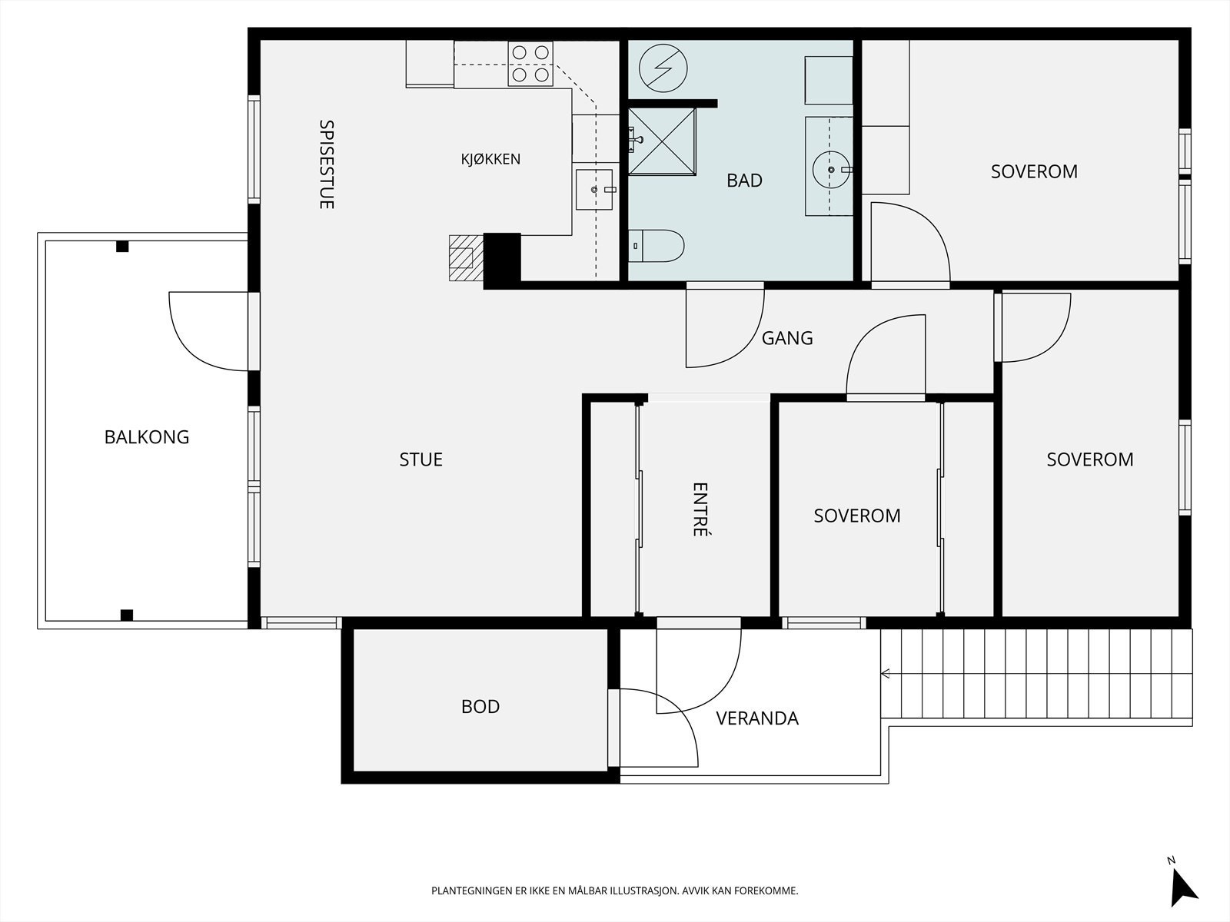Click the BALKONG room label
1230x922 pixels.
pos(147,436)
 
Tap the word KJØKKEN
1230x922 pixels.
pos(491,159)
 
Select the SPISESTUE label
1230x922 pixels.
pos(327,164)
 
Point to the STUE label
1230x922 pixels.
pos(421,459)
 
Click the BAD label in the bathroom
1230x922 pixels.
pos(744,181)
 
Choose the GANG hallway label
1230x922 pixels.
pos(787,338)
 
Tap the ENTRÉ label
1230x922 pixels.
pos(700,509)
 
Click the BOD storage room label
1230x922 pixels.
pos(480,706)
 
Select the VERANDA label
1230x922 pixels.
pos(757,718)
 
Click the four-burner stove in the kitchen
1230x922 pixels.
pos(530,64)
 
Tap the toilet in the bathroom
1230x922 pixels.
pos(657,246)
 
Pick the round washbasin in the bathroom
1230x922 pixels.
pos(832,170)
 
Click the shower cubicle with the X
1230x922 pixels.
pos(662,141)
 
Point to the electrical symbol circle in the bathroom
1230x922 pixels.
pos(663,68)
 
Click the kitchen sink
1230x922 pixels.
pos(594,190)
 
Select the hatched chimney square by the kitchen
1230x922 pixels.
pos(466,257)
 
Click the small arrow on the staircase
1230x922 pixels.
pos(886,674)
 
